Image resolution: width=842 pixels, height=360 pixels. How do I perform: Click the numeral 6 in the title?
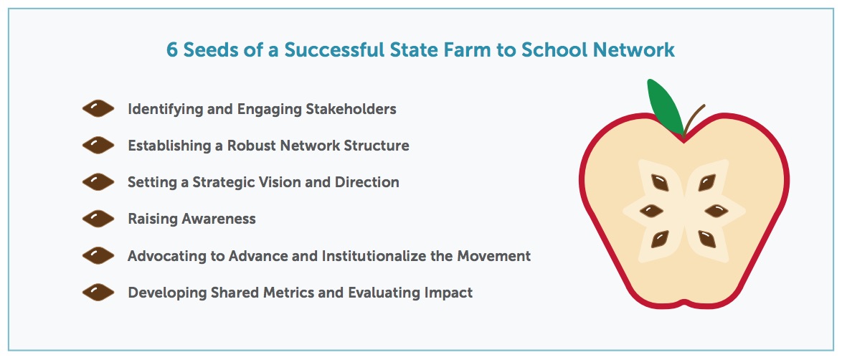pos(172,50)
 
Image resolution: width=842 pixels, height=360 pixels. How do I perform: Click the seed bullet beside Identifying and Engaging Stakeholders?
pos(98,109)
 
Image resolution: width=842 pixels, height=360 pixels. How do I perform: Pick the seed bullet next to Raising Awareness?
pos(98,219)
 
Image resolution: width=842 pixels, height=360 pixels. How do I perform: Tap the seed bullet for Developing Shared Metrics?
pos(98,293)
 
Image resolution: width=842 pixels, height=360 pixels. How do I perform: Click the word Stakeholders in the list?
pos(351,109)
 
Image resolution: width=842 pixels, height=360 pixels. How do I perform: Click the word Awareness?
pos(219,219)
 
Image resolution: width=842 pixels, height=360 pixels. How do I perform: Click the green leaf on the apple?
pos(665,106)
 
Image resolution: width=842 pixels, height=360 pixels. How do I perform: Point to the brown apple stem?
pos(694,119)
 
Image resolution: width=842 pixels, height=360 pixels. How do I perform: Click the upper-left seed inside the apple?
pos(660,183)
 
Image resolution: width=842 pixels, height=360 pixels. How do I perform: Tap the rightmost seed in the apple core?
pos(716,211)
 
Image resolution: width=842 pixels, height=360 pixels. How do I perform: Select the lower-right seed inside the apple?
pos(707,239)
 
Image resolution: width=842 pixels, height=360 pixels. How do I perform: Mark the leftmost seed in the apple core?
pos(652,211)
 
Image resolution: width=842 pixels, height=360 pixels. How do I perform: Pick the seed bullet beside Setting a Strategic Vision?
pos(98,182)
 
